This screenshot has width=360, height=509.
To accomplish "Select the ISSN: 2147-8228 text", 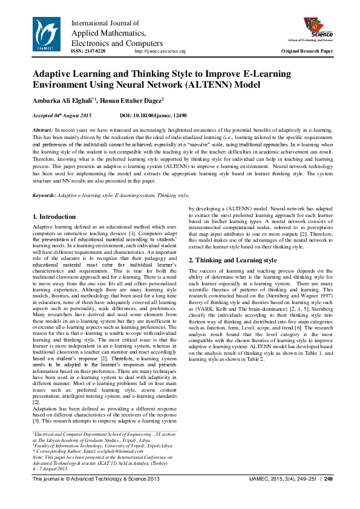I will [x=88, y=51].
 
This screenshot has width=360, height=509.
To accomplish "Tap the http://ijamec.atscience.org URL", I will [x=159, y=51].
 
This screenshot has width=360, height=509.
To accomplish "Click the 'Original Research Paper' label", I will [x=307, y=51].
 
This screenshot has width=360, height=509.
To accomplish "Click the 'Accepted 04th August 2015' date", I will [x=62, y=115].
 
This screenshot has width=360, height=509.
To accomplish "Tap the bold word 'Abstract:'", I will [x=43, y=131].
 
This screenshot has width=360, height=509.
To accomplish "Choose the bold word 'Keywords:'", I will [x=44, y=195].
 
